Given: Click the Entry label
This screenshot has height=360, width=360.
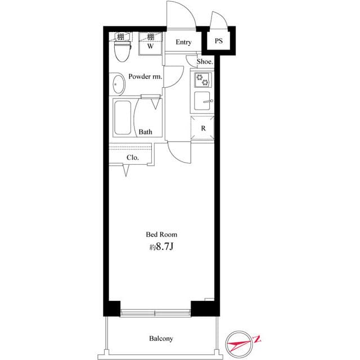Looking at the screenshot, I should point(183,42).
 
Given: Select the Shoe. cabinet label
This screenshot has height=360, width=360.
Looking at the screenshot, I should point(205,62).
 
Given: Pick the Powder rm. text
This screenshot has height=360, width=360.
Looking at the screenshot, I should point(145,76).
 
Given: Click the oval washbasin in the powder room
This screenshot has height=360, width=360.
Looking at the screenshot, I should point(118,86).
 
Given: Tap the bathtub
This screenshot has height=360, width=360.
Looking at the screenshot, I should point(124,118).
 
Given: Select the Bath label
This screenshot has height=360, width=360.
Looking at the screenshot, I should point(146,132).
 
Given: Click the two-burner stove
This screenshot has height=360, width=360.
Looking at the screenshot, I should point(202,80).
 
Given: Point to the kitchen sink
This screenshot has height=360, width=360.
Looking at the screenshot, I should point(202,102).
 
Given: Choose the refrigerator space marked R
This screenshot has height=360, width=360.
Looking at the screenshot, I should point(203,128).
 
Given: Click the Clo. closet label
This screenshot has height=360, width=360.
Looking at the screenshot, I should point(133,157).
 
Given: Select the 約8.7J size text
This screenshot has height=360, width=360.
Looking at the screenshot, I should point(161,246).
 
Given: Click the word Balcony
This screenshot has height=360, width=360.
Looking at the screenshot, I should point(161,339).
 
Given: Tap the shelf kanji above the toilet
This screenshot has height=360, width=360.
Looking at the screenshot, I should point(120,37).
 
